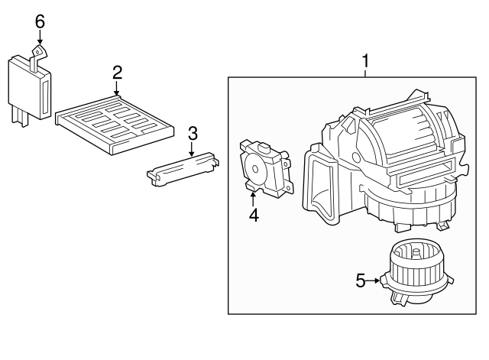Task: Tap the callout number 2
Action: coord(117,73)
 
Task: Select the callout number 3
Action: coord(193,133)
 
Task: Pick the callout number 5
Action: coord(361,281)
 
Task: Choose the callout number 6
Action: coord(40,21)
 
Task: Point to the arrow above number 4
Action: coord(253,197)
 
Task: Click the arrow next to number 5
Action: coord(374,281)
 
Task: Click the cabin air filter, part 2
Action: coord(118,120)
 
